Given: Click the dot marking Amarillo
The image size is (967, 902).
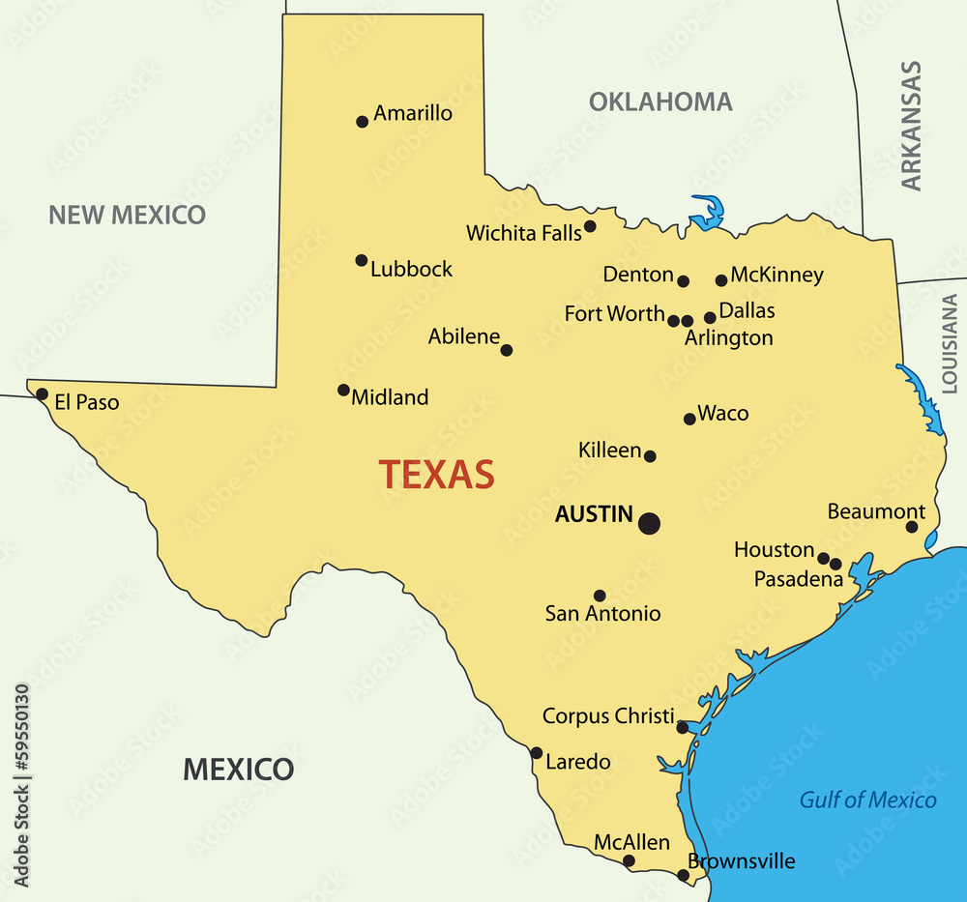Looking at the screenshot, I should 363,122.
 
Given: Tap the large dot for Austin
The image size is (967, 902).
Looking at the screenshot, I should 649,523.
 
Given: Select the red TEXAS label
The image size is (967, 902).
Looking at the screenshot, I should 436,475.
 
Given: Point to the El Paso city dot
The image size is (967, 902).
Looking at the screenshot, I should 42,394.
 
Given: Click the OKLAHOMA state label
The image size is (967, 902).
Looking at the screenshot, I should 660,102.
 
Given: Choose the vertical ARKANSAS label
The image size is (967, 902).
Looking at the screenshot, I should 911,126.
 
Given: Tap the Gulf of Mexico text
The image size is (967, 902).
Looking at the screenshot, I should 867,800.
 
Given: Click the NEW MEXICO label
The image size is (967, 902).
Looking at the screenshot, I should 128,215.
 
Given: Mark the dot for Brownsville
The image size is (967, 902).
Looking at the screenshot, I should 683,875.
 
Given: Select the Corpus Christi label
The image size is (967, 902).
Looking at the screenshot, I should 608,716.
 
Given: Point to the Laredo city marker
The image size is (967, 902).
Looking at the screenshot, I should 537,753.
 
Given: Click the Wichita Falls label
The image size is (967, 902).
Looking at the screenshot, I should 523,233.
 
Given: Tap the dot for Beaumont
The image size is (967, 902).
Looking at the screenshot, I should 912,527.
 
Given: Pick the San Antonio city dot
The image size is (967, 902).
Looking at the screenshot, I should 600,596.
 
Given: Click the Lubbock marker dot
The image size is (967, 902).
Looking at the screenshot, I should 362,260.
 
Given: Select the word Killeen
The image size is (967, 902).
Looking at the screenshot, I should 609,450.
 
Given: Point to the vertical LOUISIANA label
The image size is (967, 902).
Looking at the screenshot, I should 950,343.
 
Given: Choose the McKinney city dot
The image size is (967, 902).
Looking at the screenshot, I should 721,280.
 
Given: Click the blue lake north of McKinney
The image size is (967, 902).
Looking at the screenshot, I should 709,213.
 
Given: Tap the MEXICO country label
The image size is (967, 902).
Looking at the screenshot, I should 238,770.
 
